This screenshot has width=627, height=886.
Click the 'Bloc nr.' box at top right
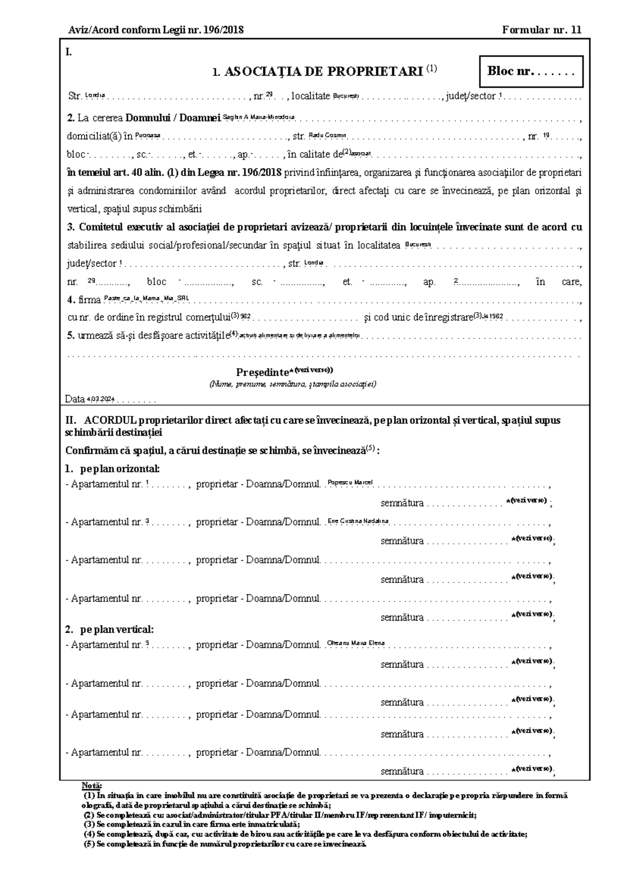click(x=531, y=72)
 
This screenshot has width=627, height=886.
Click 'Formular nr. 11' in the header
click(x=541, y=30)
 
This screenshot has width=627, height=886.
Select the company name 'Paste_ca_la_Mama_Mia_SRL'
click(x=146, y=298)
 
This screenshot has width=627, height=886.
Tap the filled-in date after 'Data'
click(x=100, y=399)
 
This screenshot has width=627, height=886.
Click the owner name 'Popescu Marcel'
click(x=350, y=482)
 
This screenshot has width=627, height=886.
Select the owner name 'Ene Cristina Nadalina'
click(x=358, y=520)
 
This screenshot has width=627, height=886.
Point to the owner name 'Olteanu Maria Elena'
click(x=356, y=643)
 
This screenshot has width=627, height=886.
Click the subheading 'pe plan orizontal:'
click(x=120, y=468)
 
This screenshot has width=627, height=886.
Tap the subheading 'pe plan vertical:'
click(x=117, y=629)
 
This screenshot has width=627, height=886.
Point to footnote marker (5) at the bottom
click(x=89, y=844)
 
